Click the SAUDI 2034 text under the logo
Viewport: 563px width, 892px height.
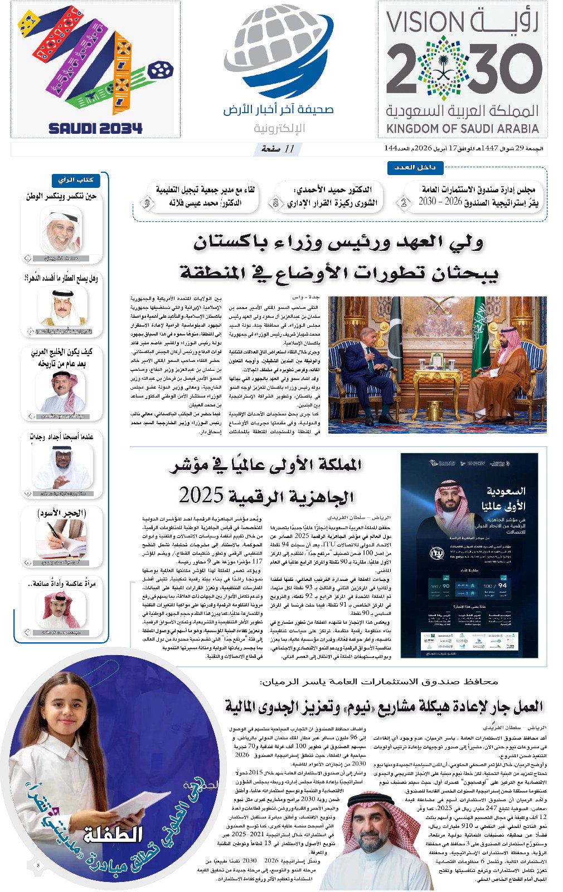pyautogui.click(x=95, y=128)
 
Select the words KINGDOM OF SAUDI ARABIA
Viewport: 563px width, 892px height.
pyautogui.click(x=462, y=129)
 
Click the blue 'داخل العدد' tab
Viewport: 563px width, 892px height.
pyautogui.click(x=415, y=167)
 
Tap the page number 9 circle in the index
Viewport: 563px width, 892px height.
pyautogui.click(x=147, y=203)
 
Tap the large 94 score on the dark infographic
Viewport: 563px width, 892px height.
pyautogui.click(x=502, y=586)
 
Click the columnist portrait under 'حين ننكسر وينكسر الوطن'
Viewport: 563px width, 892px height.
pyautogui.click(x=61, y=230)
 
